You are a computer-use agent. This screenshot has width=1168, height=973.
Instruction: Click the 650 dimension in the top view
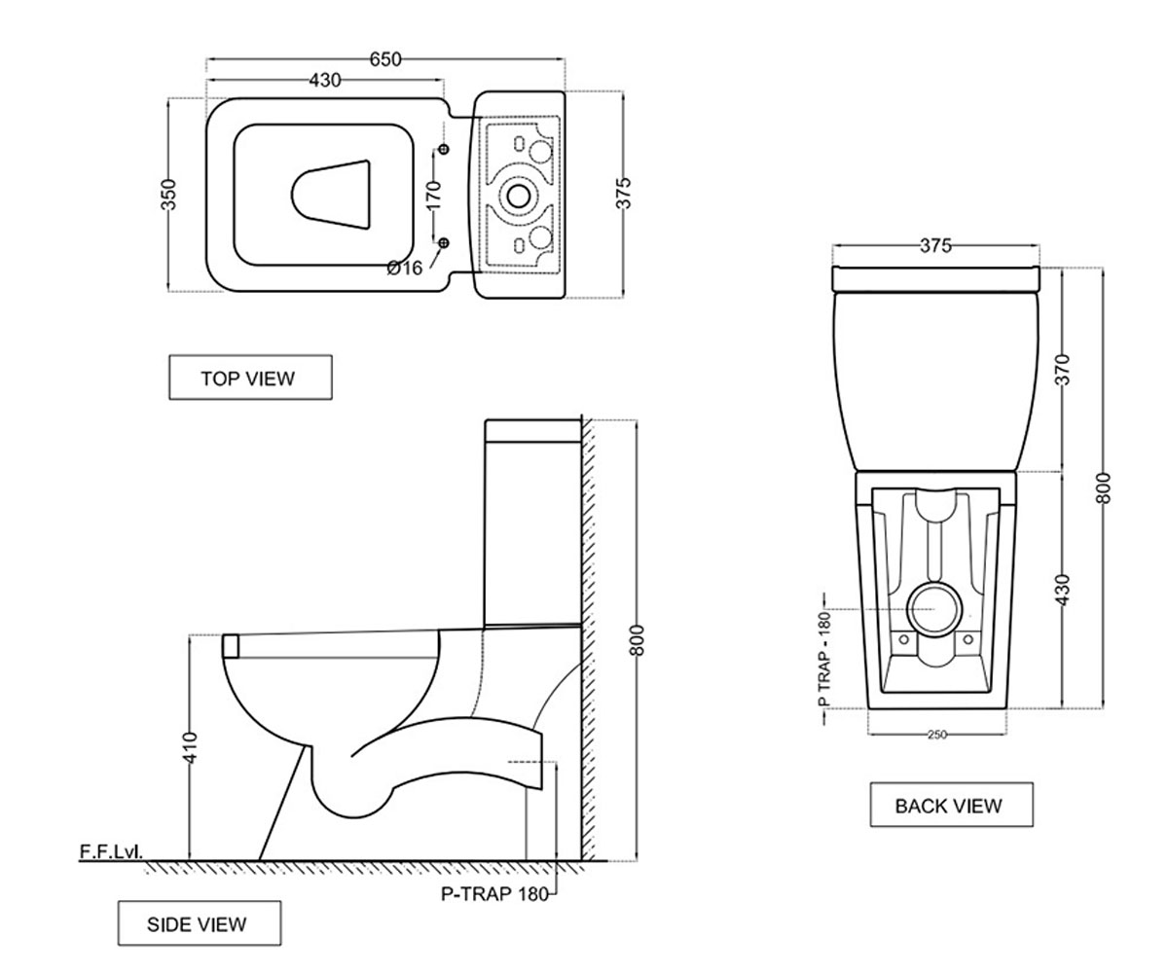coord(385,59)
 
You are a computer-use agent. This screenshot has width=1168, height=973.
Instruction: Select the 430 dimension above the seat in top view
coord(325,81)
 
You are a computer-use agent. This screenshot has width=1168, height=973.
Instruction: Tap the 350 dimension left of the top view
coord(168,195)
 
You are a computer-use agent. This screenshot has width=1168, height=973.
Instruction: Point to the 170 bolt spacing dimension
coord(433,195)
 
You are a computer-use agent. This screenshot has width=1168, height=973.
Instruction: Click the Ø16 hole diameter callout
coord(405,268)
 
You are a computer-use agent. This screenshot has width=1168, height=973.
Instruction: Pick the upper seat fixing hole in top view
coord(444,149)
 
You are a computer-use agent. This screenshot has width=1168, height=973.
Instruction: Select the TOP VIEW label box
coord(250,378)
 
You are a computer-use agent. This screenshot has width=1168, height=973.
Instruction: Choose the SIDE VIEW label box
coord(200,923)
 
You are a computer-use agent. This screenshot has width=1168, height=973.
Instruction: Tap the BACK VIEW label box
coord(952,805)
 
